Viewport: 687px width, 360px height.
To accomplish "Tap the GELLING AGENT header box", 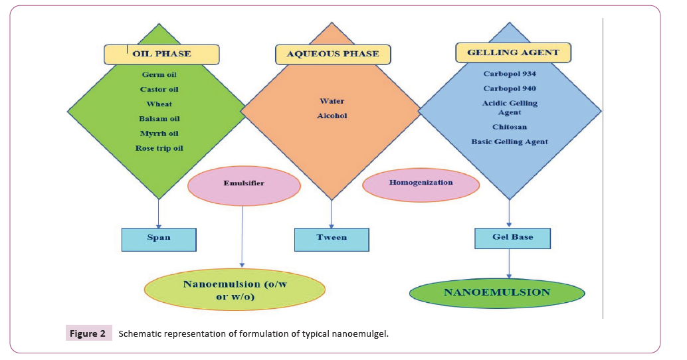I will tap(513, 52).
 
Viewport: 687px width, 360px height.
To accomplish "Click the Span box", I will tap(159, 238).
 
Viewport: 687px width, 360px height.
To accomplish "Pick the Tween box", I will tap(331, 238).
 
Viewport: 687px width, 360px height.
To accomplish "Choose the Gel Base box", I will tap(513, 237).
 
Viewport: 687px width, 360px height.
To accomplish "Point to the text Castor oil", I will tap(159, 90).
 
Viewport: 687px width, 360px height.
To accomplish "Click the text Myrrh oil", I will tap(159, 134).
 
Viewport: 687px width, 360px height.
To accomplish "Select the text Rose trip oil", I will tap(159, 148).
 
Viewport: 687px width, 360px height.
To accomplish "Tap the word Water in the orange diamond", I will tap(332, 102).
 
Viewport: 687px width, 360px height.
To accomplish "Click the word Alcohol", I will tap(332, 116).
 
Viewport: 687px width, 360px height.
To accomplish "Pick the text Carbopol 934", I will tap(510, 74).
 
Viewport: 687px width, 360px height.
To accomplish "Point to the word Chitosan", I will tap(510, 127).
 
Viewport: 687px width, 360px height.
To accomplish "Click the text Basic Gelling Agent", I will tap(510, 141).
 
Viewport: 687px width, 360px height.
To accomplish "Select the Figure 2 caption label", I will tap(85, 333).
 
